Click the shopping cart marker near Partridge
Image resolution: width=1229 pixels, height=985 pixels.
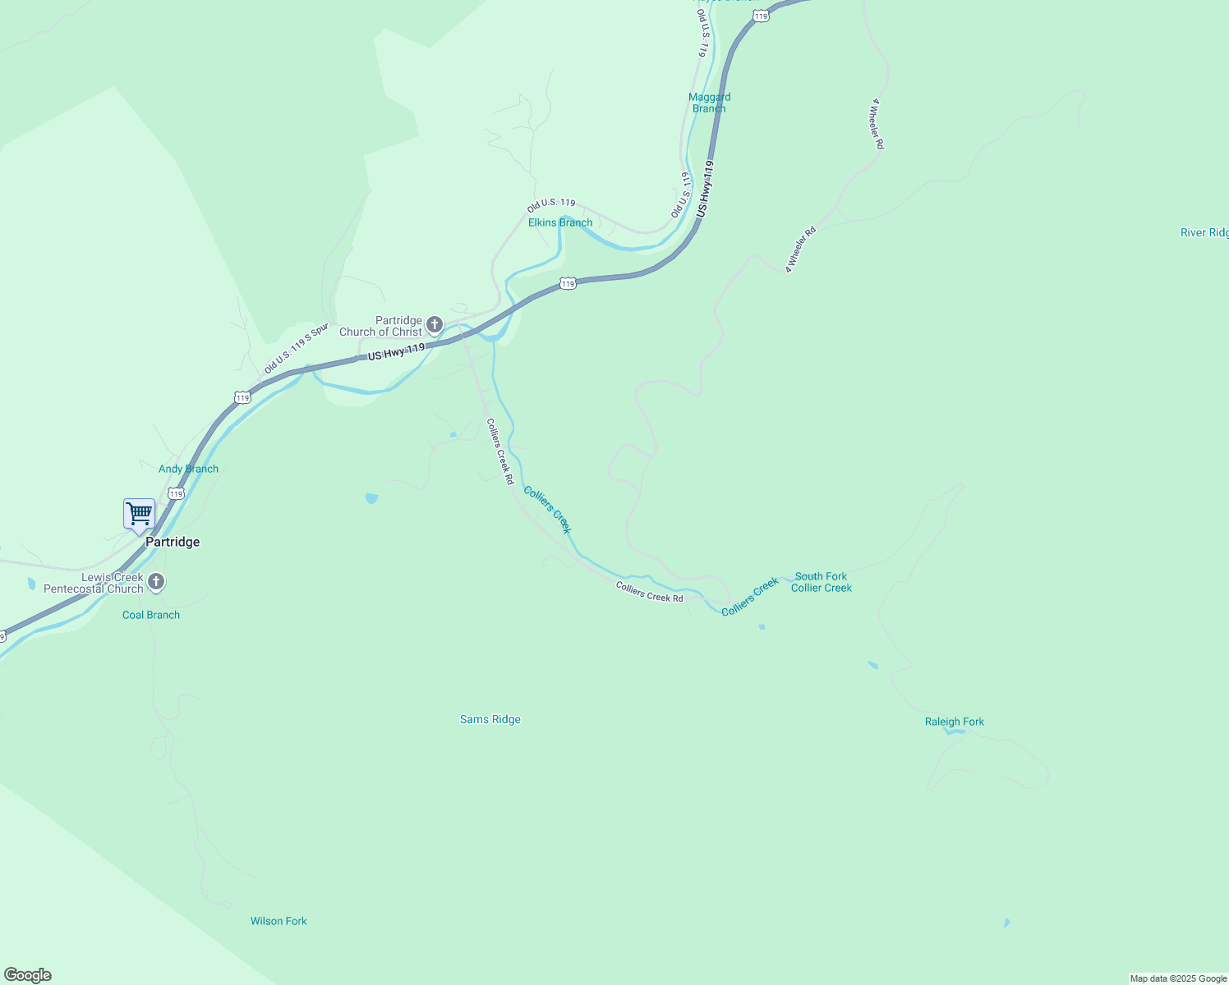pyautogui.click(x=140, y=515)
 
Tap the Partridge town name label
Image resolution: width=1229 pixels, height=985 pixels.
pyautogui.click(x=173, y=542)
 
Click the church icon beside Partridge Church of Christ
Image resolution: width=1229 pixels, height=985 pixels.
pyautogui.click(x=435, y=325)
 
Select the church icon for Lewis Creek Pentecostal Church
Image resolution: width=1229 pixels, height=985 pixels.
pyautogui.click(x=156, y=583)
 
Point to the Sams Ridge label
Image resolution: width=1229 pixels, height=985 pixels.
pyautogui.click(x=490, y=719)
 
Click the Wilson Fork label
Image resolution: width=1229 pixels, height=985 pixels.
pyautogui.click(x=278, y=921)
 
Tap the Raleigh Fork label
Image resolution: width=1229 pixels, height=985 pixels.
pyautogui.click(x=954, y=722)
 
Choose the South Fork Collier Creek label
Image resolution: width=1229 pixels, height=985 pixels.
pyautogui.click(x=821, y=582)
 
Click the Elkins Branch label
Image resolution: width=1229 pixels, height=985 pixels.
pyautogui.click(x=559, y=222)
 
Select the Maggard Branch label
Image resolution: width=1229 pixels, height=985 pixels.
pyautogui.click(x=709, y=103)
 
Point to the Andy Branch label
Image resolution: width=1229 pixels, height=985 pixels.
pyautogui.click(x=188, y=469)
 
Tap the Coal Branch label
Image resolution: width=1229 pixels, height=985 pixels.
pyautogui.click(x=151, y=615)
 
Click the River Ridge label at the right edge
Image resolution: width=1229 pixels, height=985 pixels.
pyautogui.click(x=1204, y=232)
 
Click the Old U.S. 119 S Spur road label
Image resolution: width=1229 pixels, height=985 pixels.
pyautogui.click(x=295, y=349)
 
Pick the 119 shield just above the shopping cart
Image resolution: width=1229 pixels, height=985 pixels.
pyautogui.click(x=176, y=493)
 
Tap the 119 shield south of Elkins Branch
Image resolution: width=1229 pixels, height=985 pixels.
pyautogui.click(x=568, y=283)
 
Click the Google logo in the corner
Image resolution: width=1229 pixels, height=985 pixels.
pyautogui.click(x=28, y=975)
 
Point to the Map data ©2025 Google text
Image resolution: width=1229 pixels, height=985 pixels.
pyautogui.click(x=1178, y=978)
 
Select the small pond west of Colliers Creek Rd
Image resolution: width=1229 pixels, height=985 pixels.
pyautogui.click(x=371, y=497)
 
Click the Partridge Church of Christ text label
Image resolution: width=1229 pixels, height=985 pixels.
pyautogui.click(x=381, y=326)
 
